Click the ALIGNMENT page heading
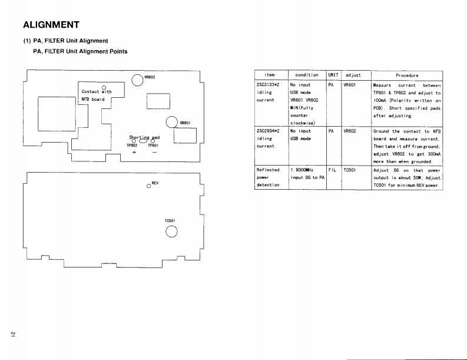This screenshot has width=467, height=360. click(51, 25)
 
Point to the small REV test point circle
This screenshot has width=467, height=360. click(149, 186)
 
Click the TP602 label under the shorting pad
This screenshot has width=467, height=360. click(132, 146)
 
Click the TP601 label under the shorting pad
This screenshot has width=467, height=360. click(153, 146)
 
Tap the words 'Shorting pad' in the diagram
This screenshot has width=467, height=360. click(144, 137)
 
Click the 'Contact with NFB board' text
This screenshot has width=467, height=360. click(97, 95)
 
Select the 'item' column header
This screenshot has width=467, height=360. click(270, 75)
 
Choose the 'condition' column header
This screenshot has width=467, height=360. click(307, 75)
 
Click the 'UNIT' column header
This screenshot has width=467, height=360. click(333, 75)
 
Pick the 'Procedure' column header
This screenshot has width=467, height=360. click(407, 75)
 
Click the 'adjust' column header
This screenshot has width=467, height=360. click(353, 75)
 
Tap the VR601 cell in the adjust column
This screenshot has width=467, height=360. click(350, 85)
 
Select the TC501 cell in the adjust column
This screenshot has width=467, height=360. click(350, 170)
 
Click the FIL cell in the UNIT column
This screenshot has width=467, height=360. click(332, 170)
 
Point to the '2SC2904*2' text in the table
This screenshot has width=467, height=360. click(268, 131)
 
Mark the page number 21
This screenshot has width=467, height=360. click(13, 333)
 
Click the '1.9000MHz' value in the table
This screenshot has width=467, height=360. click(302, 170)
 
